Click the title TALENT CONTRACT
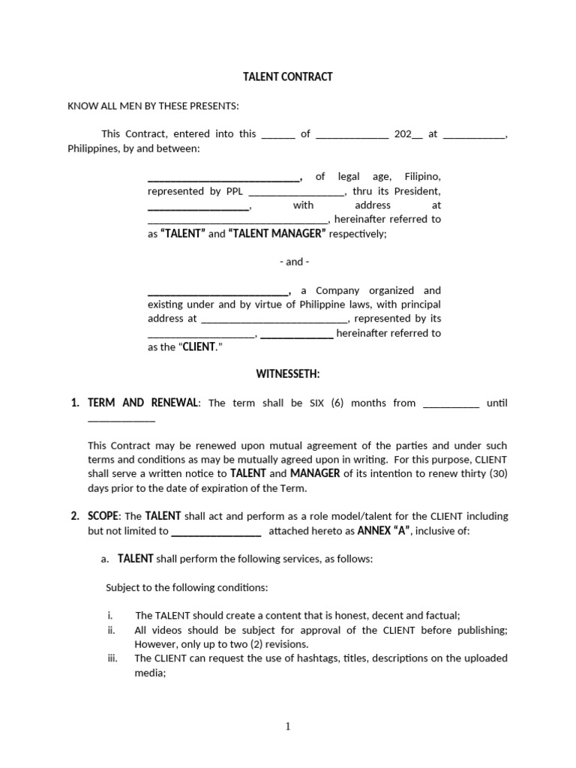[x=287, y=77]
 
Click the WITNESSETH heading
[x=288, y=373]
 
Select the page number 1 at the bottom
[x=288, y=726]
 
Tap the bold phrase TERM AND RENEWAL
[x=143, y=403]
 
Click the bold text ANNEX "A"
[x=383, y=531]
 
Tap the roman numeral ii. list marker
[x=112, y=630]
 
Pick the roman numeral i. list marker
[x=109, y=615]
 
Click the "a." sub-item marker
[x=105, y=559]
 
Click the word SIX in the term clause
[x=318, y=403]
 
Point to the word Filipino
[x=422, y=177]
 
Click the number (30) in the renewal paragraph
[x=495, y=473]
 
